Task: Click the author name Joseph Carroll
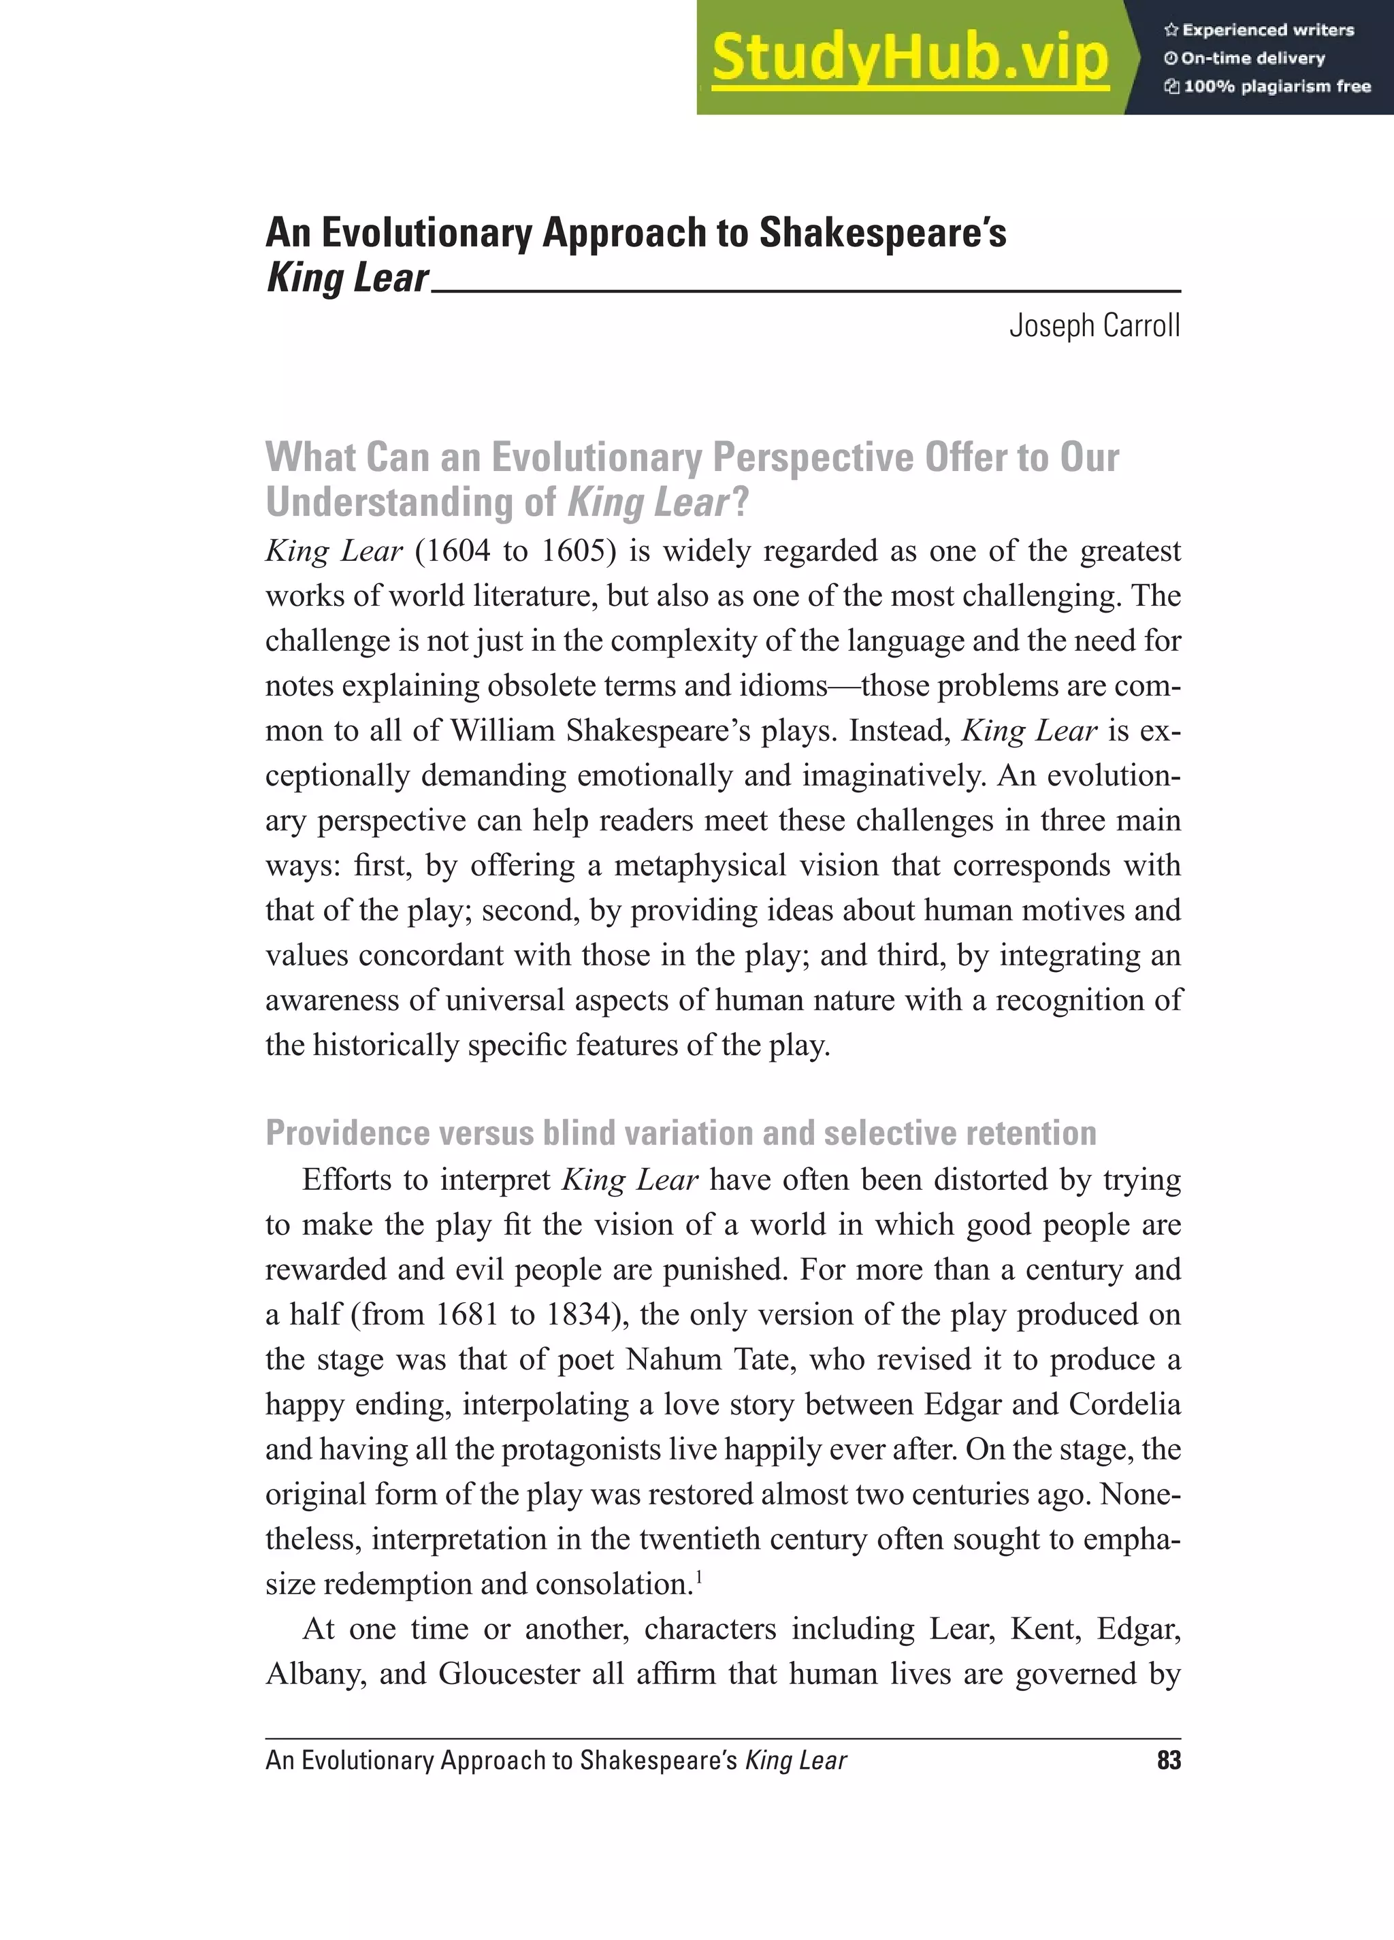click(x=1094, y=326)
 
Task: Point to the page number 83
click(x=1168, y=1760)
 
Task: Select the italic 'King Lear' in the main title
click(x=347, y=278)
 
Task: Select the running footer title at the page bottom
click(x=556, y=1760)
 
